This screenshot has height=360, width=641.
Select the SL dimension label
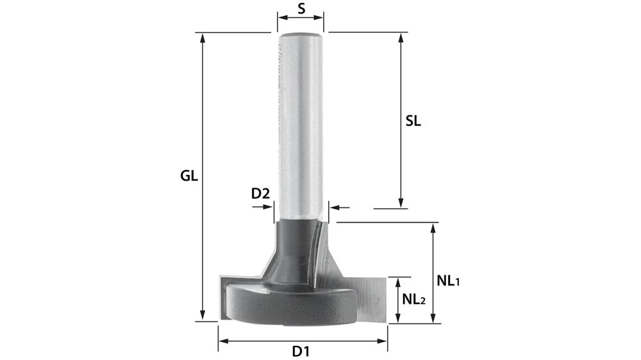coord(413,121)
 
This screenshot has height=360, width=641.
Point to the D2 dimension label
coord(260,193)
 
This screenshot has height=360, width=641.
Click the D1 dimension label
coord(301,351)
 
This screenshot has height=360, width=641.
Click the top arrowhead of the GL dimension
coord(203,37)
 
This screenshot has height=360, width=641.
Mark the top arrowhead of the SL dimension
coord(401,37)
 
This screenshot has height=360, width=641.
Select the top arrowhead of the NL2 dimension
coord(399,282)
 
